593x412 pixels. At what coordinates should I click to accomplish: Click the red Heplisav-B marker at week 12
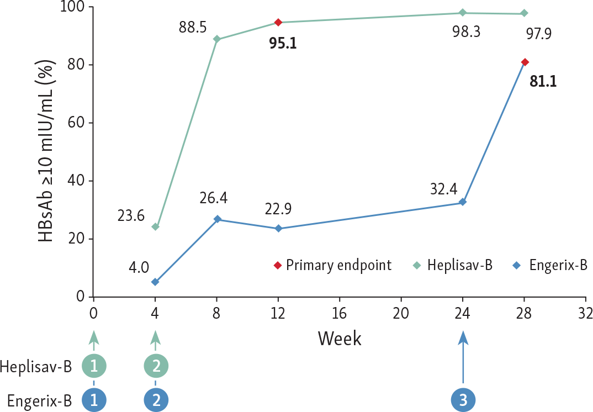(278, 22)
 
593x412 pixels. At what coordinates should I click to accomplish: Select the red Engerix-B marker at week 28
(525, 62)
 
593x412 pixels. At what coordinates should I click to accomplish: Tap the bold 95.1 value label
(283, 44)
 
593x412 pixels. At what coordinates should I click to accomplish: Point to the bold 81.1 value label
(543, 82)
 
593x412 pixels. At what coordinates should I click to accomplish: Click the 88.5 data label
(193, 27)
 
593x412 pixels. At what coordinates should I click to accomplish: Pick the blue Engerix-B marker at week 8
(217, 219)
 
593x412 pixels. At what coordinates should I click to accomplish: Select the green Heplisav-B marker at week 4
(155, 227)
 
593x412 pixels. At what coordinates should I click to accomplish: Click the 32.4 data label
(443, 189)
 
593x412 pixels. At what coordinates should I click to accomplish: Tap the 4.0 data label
(139, 267)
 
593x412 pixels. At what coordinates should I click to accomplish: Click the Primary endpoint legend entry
(333, 265)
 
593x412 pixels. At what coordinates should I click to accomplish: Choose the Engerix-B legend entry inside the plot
(549, 265)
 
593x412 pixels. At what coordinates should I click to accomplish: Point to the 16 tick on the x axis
(340, 313)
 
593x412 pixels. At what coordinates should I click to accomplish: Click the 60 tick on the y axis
(76, 123)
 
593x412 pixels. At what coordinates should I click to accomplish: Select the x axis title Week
(340, 338)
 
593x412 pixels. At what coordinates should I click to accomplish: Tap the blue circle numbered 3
(463, 400)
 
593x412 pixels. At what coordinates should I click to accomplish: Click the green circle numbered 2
(156, 366)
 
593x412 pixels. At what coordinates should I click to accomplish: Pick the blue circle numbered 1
(94, 400)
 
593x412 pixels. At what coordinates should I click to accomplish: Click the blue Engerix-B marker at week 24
(463, 202)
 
